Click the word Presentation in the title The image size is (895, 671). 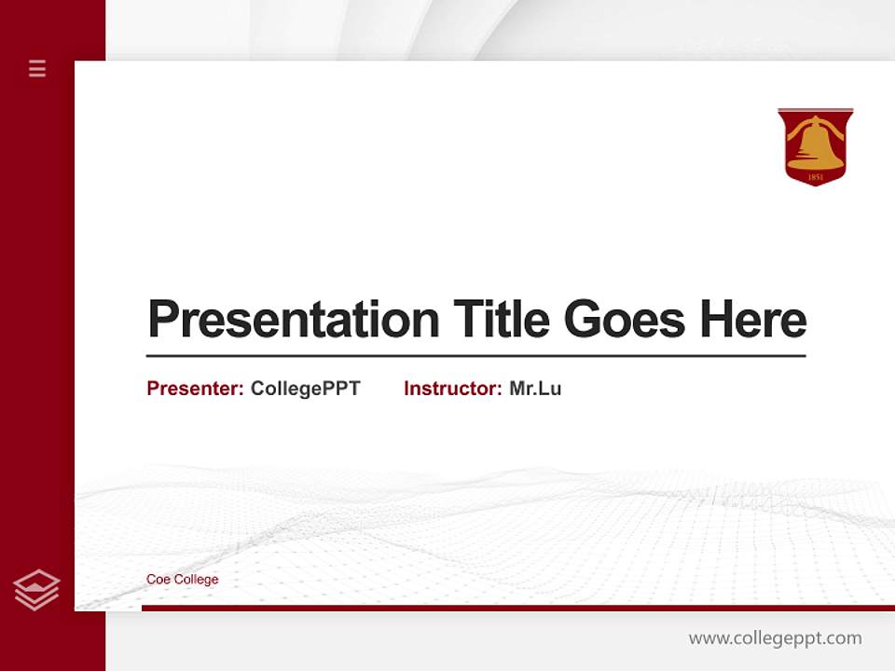(x=293, y=320)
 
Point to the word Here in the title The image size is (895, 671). (x=753, y=320)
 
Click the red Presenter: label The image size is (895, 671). (x=195, y=389)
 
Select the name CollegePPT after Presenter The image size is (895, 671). (x=305, y=389)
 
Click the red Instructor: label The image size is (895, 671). (x=452, y=389)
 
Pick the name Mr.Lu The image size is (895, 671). (x=535, y=389)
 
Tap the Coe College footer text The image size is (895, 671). (x=182, y=580)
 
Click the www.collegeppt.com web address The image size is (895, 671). (x=775, y=638)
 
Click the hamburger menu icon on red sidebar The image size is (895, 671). (x=37, y=68)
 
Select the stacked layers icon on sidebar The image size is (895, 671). (x=36, y=590)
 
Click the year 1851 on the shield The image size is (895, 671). (x=815, y=175)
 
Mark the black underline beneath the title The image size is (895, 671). (x=475, y=356)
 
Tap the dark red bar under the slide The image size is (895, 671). (x=517, y=608)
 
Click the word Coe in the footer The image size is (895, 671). (x=157, y=580)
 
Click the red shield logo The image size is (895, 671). (x=815, y=146)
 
